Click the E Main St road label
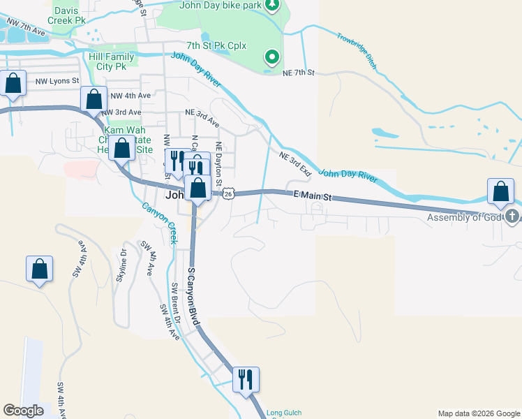[311, 196]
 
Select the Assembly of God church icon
[514, 216]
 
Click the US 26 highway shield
[228, 194]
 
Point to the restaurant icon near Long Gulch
[246, 379]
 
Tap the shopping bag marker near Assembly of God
[501, 191]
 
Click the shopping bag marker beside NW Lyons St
[13, 83]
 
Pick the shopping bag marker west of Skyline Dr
[40, 269]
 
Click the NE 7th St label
[299, 73]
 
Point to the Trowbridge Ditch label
[357, 51]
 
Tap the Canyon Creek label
[160, 223]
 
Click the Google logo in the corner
[23, 411]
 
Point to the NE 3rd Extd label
[295, 163]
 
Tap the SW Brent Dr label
[177, 303]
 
